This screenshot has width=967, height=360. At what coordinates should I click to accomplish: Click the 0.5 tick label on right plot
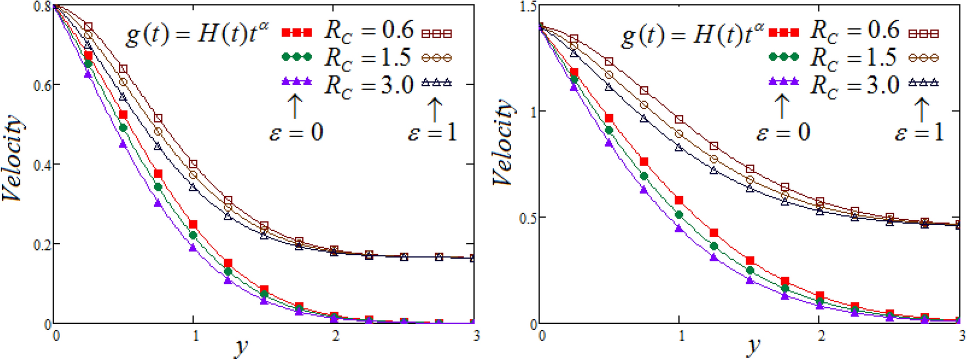tap(528, 217)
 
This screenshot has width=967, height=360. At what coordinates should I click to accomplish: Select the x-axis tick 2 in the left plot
tap(335, 335)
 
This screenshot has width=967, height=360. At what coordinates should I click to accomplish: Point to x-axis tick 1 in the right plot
tap(681, 336)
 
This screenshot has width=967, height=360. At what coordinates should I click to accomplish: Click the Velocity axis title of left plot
tap(14, 158)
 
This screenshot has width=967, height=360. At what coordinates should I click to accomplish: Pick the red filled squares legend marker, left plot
tap(297, 33)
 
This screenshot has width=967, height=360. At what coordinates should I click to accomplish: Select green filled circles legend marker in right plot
tap(783, 57)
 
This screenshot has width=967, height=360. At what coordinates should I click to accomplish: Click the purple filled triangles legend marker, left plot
tap(297, 82)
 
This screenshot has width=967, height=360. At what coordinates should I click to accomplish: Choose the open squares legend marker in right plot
tap(923, 33)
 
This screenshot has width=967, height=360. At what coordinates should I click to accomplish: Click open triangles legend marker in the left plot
tap(437, 83)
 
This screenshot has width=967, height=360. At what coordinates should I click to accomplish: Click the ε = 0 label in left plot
tap(296, 132)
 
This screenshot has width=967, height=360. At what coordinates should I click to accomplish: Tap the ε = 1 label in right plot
tap(919, 132)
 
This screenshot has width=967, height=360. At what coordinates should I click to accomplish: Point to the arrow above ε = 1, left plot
tap(434, 109)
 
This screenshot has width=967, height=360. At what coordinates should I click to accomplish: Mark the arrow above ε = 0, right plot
tap(782, 106)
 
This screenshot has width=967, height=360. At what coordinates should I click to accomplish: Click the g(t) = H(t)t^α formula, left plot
tap(197, 34)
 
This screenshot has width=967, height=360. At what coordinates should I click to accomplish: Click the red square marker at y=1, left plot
tap(193, 225)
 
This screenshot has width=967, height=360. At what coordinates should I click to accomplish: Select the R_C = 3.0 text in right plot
tap(854, 86)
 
